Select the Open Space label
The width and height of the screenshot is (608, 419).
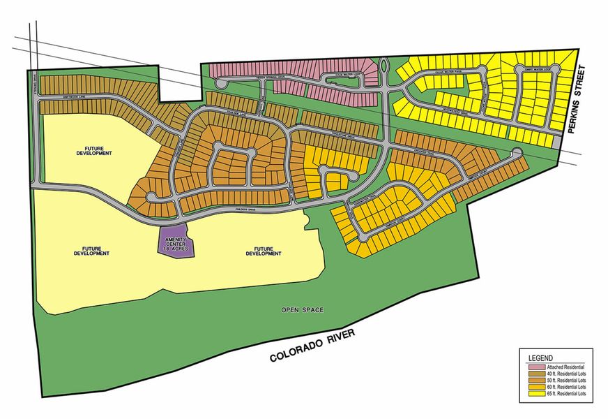tap(299, 309)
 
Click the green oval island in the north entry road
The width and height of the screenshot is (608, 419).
tap(384, 68)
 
